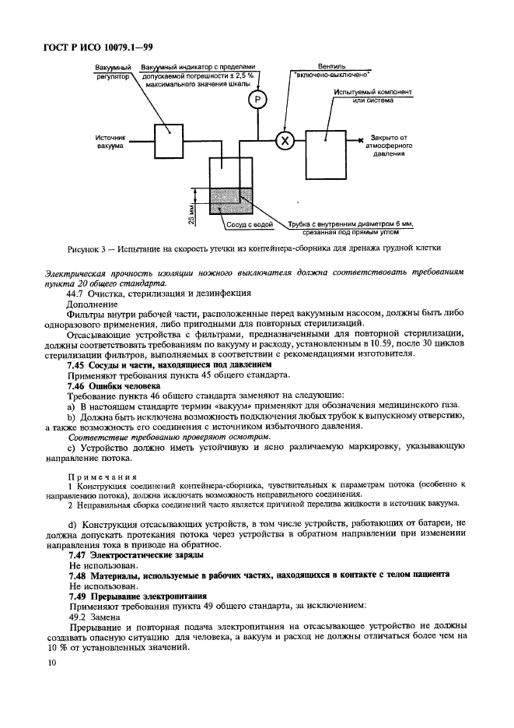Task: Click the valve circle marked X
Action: click(284, 140)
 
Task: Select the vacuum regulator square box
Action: click(168, 140)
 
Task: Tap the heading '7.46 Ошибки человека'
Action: click(113, 385)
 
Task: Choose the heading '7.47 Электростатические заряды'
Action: click(136, 555)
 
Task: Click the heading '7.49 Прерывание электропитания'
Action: click(138, 595)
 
